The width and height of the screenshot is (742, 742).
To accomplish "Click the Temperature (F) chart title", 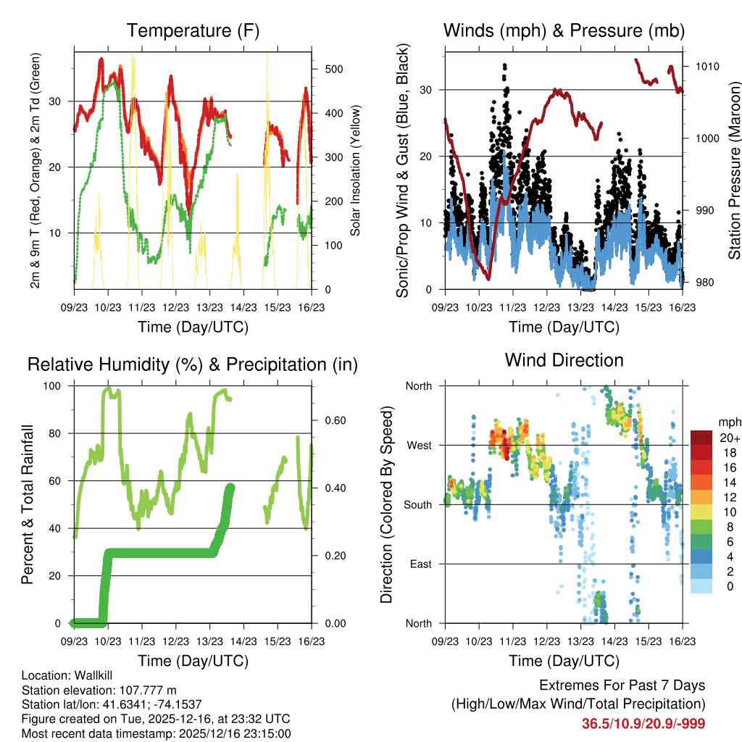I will (x=193, y=30).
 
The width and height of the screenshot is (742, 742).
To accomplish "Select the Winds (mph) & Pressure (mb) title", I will (x=564, y=30).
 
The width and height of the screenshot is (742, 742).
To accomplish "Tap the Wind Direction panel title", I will (x=564, y=360).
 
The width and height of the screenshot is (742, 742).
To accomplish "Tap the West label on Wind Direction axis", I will (x=419, y=445).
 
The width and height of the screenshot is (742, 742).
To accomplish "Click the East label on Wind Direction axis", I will (x=420, y=564).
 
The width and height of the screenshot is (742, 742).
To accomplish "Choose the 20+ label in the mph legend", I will (x=728, y=438).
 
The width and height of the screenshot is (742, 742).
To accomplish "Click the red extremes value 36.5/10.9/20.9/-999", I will (x=643, y=723).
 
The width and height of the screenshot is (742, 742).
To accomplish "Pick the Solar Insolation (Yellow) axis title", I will (x=355, y=171).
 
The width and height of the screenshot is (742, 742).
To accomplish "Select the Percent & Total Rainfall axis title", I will (x=28, y=504).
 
